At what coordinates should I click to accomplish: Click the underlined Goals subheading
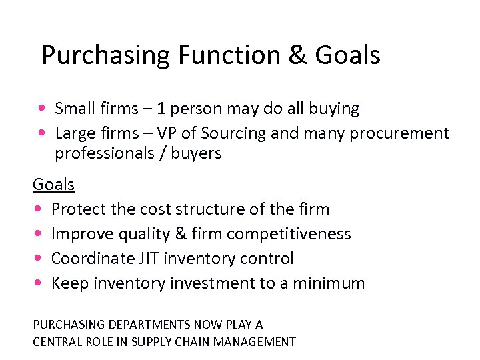click(53, 184)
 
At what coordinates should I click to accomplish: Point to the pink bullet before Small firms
click(42, 108)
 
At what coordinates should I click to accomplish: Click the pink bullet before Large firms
click(42, 133)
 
